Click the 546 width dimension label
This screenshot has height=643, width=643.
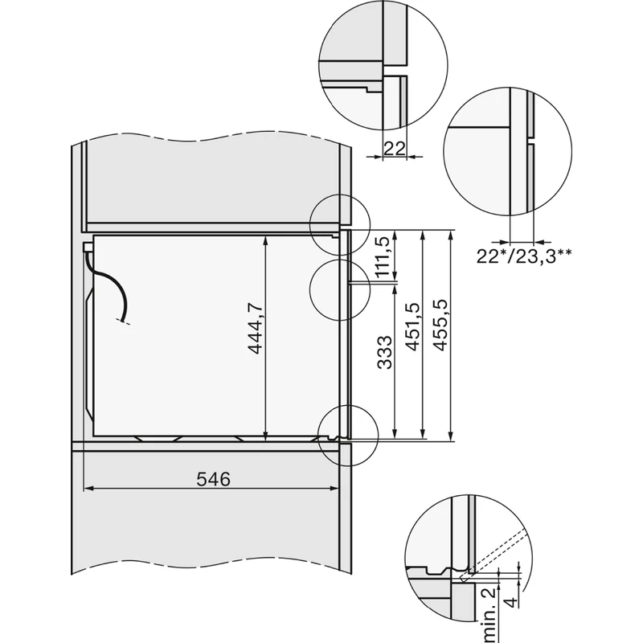(x=213, y=480)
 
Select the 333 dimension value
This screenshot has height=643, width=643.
(x=384, y=354)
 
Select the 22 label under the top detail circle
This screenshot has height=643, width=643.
(x=394, y=148)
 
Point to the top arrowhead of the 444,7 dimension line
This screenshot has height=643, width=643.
(x=266, y=240)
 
